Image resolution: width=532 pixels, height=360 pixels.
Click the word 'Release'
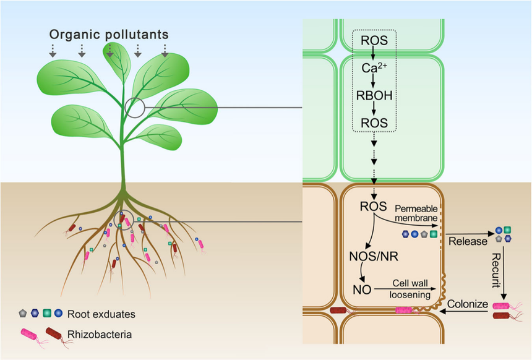467,241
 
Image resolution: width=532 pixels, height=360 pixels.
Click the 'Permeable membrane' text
416,214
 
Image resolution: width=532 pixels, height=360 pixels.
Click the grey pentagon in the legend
24,314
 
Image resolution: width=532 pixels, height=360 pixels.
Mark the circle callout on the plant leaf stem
134,108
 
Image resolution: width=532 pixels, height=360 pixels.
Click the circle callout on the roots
123,220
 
